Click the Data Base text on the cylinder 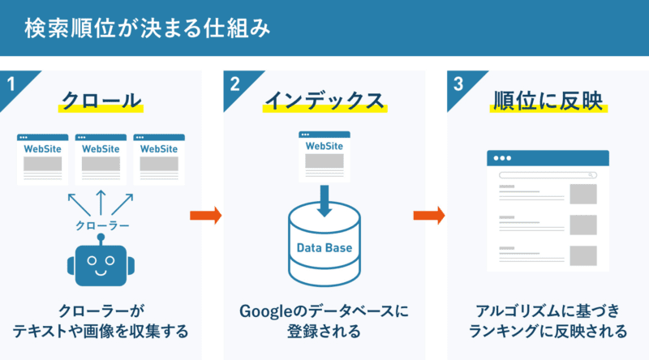(x=324, y=246)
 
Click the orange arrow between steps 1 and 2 (x=205, y=216)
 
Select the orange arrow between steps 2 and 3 (x=429, y=216)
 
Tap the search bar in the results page (x=548, y=174)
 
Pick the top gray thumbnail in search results (x=582, y=194)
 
